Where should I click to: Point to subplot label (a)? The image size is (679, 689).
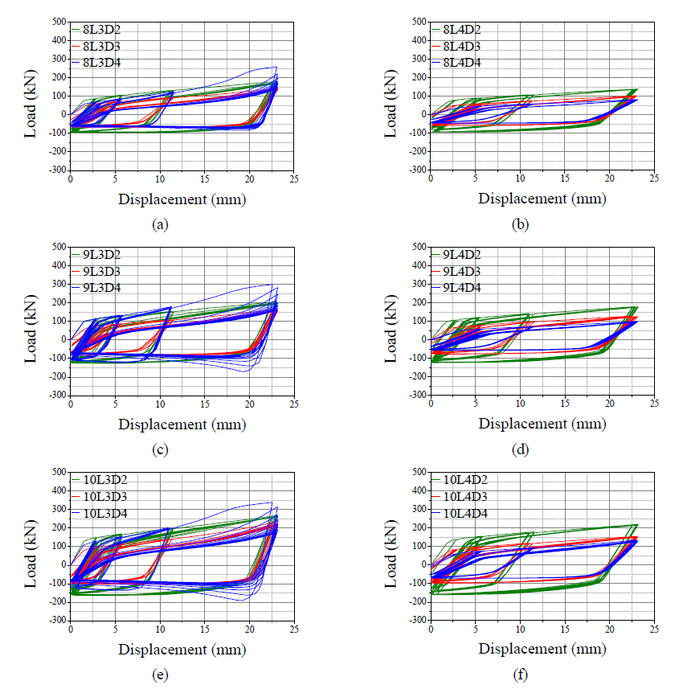159,225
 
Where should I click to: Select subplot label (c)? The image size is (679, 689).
159,450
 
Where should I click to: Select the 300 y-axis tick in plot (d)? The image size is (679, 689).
418,283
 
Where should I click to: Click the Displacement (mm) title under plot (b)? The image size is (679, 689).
542,199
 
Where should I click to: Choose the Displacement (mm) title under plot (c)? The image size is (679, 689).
182,424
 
